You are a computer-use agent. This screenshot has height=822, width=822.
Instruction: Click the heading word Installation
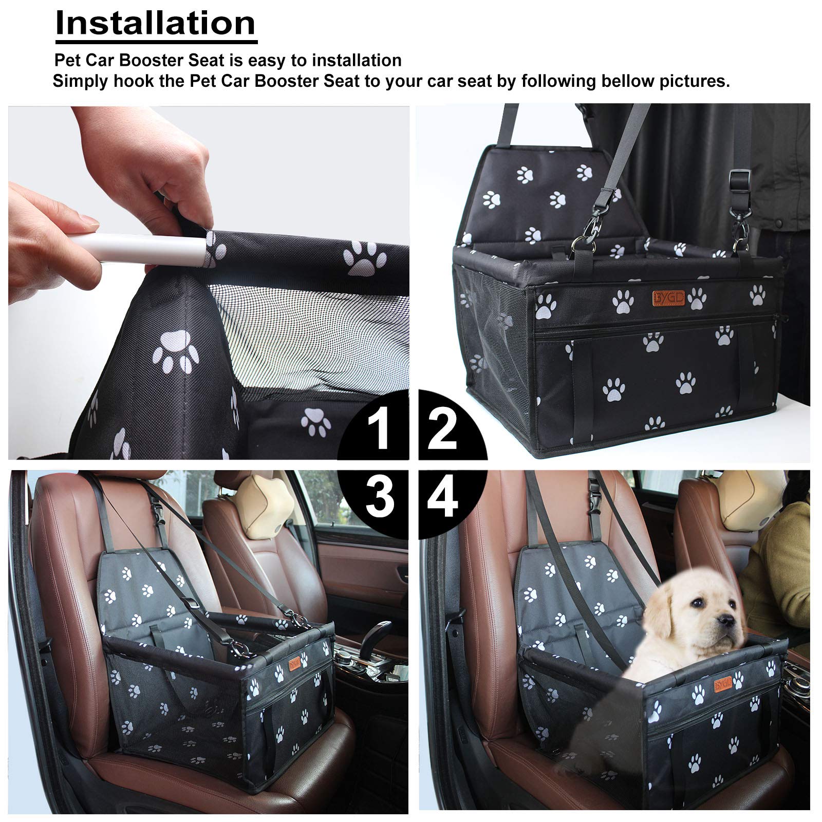(x=155, y=23)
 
